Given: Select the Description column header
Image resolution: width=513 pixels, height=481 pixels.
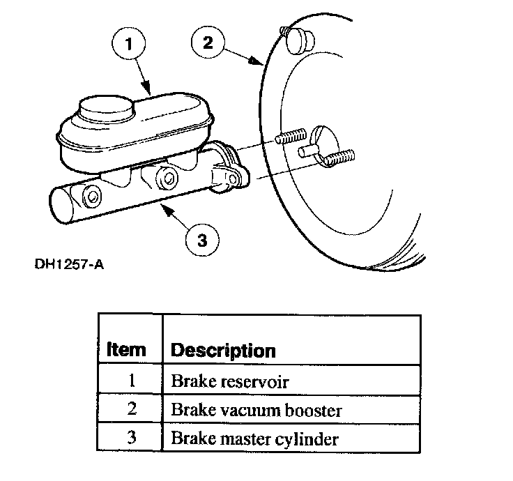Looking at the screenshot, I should pos(223,349).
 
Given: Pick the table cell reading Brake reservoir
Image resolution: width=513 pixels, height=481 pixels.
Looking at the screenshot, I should pos(229,381).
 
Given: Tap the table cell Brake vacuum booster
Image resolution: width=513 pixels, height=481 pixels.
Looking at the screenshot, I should pos(256,410).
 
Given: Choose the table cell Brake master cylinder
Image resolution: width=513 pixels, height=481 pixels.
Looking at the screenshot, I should pos(254,439).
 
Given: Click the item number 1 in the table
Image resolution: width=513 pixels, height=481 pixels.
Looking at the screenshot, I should pos(132,381).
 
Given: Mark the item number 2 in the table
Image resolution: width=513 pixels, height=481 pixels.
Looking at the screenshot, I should pos(132,410).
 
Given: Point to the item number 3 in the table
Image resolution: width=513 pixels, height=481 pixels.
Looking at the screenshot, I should pos(132,439).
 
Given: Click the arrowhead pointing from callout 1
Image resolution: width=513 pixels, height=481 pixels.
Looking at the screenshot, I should pos(149,90).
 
